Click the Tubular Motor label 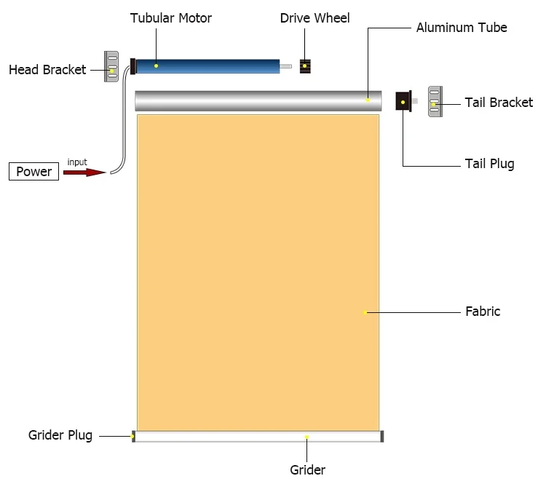[170, 17]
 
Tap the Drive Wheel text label [314, 17]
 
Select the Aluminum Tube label [462, 28]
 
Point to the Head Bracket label [47, 70]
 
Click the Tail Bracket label [499, 103]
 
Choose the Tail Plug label [489, 164]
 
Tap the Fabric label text [483, 312]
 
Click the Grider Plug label [60, 435]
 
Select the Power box [34, 172]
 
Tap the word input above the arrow [77, 161]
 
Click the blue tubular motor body [207, 66]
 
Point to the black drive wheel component [306, 66]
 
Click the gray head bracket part [111, 66]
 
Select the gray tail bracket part [435, 102]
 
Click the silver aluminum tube [258, 100]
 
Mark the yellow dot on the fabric [365, 312]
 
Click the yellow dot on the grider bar [306, 437]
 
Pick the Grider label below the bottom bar [307, 469]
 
